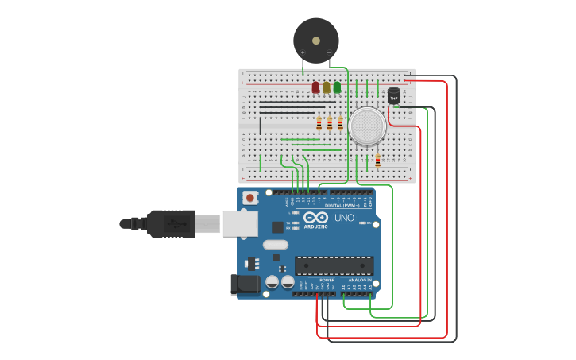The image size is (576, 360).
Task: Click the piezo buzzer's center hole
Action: tap(316, 40)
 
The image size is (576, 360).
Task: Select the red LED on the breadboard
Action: tap(315, 87)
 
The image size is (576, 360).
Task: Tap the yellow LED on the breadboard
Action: tap(327, 87)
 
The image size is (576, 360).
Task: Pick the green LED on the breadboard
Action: tap(337, 87)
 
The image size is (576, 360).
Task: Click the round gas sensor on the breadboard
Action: tap(367, 126)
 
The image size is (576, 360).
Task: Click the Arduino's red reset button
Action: tap(250, 197)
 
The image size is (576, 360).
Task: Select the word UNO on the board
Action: tap(344, 218)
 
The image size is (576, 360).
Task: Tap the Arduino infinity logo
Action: tap(315, 218)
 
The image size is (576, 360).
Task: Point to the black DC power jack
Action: tap(244, 284)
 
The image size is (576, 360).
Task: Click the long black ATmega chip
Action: tap(334, 265)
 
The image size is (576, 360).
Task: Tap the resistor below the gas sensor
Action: tap(377, 160)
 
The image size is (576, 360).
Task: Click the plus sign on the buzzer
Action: tap(303, 52)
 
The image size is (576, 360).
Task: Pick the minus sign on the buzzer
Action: tap(329, 52)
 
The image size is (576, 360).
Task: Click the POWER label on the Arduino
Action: tap(327, 280)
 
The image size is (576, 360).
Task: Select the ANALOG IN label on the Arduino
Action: tap(359, 280)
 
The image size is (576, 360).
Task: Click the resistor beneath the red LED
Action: tap(319, 124)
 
